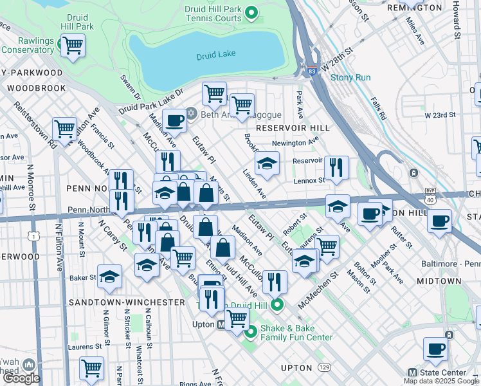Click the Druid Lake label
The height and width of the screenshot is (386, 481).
pos(215,57)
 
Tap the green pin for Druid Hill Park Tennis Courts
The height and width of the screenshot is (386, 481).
pos(252,12)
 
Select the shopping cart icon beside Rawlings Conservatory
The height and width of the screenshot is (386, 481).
pos(73,46)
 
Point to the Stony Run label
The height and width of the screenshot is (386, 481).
pos(350,77)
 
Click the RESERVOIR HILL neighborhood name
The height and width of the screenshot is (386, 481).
pos(293,128)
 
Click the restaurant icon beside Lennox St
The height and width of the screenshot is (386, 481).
pos(336,167)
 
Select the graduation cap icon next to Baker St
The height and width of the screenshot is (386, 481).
pos(109,277)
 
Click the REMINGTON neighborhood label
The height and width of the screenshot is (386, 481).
pos(415,8)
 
